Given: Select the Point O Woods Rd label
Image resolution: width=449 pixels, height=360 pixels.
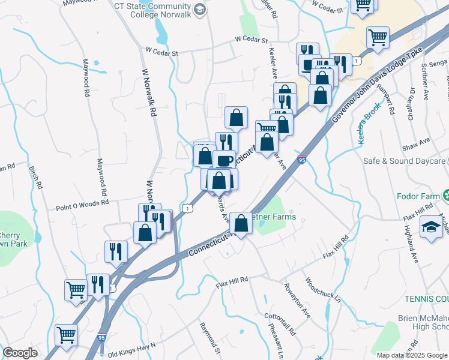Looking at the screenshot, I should (82, 204).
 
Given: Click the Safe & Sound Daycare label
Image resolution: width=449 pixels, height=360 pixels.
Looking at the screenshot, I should (404, 161).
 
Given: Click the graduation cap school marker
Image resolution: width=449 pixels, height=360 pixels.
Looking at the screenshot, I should (430, 228).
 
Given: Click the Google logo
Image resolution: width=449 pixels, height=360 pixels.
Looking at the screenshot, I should (20, 353).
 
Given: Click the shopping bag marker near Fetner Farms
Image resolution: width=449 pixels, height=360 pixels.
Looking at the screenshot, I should (241, 223).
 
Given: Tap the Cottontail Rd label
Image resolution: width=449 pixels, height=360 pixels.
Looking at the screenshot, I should (280, 324).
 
